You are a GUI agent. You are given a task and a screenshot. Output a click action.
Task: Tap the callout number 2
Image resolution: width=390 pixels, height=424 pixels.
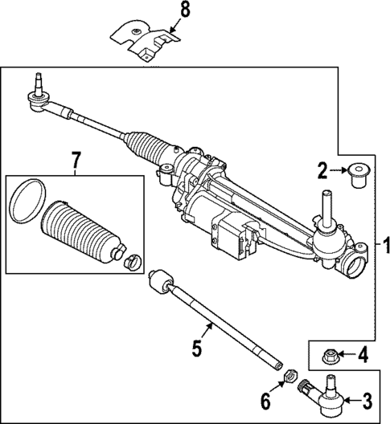(322, 169)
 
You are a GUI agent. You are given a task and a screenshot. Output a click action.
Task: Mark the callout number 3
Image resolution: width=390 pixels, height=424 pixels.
(367, 399)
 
